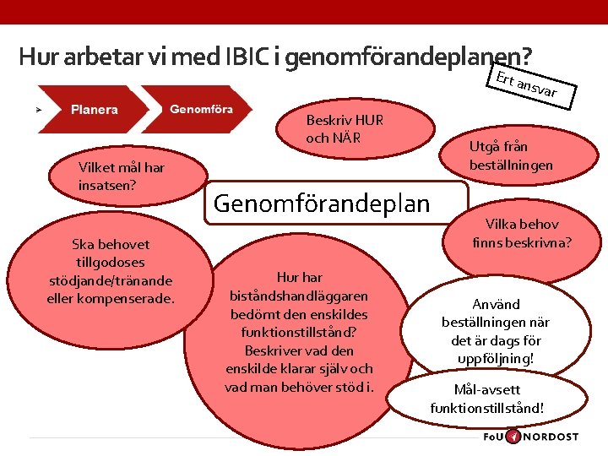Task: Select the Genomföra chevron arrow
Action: (201, 109)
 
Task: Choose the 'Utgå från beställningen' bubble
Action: (511, 155)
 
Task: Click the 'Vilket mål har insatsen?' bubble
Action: (121, 176)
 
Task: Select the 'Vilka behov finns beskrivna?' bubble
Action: (521, 234)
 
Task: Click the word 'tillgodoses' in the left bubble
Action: (111, 262)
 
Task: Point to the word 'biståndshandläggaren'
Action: (299, 296)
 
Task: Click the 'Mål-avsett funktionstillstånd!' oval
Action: (487, 399)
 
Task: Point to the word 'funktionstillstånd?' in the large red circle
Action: (299, 332)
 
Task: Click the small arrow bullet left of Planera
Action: (37, 110)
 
